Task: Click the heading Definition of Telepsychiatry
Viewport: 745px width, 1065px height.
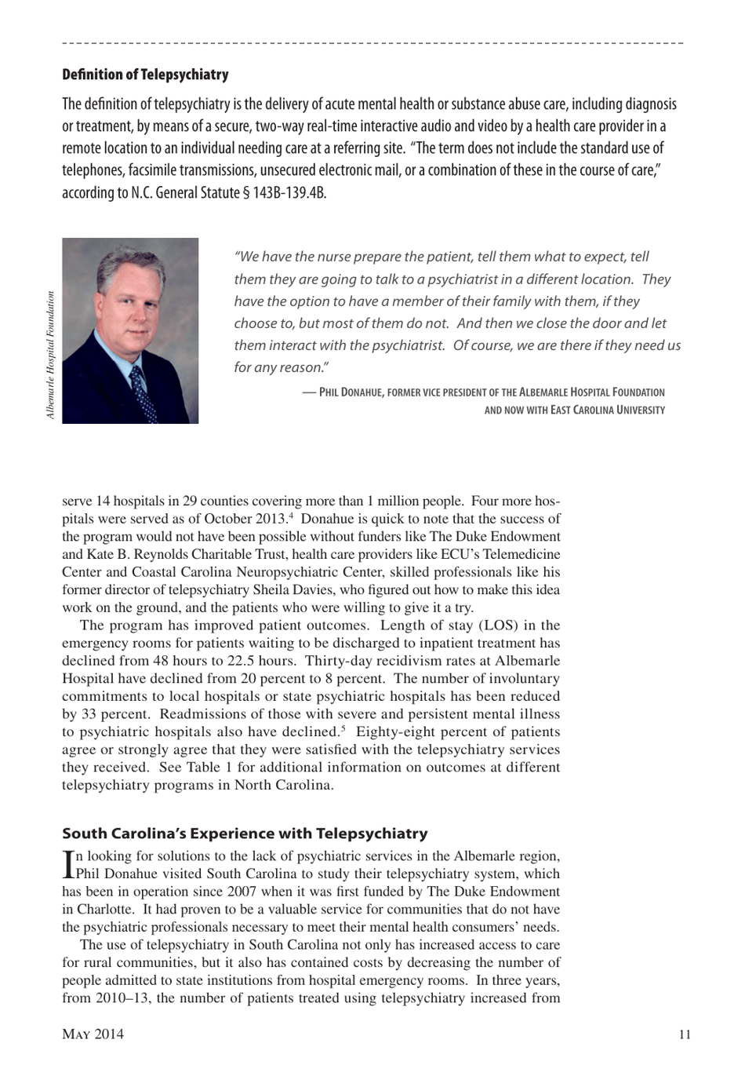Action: pos(145,75)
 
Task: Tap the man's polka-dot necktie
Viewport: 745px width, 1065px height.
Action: pos(144,392)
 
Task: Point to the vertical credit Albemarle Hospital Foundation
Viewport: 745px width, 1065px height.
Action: pos(51,356)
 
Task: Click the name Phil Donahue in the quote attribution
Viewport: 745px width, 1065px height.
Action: pos(351,392)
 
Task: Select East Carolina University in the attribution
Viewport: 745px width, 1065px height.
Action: pos(607,410)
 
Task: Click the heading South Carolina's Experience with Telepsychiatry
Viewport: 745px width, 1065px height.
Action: pos(245,833)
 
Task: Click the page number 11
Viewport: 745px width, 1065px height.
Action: pos(685,1034)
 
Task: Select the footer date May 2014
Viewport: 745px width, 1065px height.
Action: pos(93,1034)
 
